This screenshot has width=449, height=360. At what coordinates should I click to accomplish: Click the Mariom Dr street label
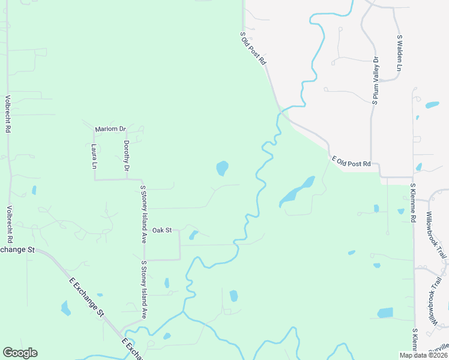pyautogui.click(x=110, y=129)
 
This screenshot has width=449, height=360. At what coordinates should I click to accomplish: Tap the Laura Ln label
pyautogui.click(x=94, y=155)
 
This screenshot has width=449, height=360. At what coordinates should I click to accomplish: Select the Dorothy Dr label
pyautogui.click(x=126, y=155)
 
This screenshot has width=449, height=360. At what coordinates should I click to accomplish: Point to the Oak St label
pyautogui.click(x=162, y=230)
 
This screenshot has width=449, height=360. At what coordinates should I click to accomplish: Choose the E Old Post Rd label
pyautogui.click(x=352, y=161)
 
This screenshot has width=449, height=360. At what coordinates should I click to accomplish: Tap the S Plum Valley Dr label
pyautogui.click(x=375, y=81)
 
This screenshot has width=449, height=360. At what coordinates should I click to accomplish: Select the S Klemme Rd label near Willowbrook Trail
pyautogui.click(x=413, y=203)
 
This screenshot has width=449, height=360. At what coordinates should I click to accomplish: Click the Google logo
pyautogui.click(x=20, y=353)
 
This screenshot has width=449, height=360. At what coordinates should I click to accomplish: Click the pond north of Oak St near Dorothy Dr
pyautogui.click(x=222, y=168)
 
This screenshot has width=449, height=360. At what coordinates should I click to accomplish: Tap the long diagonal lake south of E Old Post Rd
pyautogui.click(x=297, y=191)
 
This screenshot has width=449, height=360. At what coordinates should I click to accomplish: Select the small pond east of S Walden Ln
pyautogui.click(x=432, y=105)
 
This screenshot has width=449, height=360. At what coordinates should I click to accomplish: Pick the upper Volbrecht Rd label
pyautogui.click(x=8, y=114)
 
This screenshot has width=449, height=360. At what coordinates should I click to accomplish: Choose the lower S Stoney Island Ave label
pyautogui.click(x=144, y=289)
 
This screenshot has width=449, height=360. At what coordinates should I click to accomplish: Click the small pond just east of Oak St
pyautogui.click(x=193, y=235)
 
